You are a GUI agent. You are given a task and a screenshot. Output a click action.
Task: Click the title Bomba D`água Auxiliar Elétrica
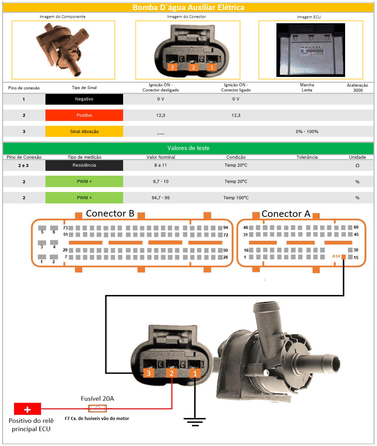(188, 8)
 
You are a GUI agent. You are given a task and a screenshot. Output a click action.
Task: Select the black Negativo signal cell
(84, 99)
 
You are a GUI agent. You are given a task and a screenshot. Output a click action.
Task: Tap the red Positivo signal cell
(84, 115)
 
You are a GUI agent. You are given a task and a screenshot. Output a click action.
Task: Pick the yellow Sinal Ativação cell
(84, 132)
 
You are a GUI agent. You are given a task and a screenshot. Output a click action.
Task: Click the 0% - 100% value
(307, 132)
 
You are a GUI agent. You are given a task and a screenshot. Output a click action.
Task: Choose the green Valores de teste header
(188, 148)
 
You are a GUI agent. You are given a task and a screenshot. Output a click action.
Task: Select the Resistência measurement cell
(84, 165)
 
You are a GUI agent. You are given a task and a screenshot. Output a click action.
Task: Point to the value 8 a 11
(161, 165)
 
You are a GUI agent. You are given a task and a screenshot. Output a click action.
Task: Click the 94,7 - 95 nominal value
(161, 198)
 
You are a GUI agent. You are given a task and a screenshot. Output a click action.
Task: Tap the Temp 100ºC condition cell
(236, 198)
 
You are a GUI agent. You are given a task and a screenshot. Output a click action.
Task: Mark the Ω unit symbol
(357, 166)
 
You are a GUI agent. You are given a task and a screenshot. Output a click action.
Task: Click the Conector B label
(110, 213)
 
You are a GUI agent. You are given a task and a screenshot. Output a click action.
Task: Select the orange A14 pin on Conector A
(343, 257)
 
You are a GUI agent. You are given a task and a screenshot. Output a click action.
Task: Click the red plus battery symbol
(27, 409)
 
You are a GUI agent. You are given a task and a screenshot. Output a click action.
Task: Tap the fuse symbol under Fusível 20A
(97, 409)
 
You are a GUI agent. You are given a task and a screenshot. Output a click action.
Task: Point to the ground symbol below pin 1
(195, 421)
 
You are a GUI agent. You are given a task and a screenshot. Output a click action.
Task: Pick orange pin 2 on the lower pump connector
(171, 373)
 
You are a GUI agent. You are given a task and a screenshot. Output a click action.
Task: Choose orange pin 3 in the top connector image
(172, 67)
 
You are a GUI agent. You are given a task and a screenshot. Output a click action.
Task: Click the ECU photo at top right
(310, 50)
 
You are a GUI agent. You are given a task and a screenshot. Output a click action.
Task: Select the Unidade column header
(357, 157)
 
